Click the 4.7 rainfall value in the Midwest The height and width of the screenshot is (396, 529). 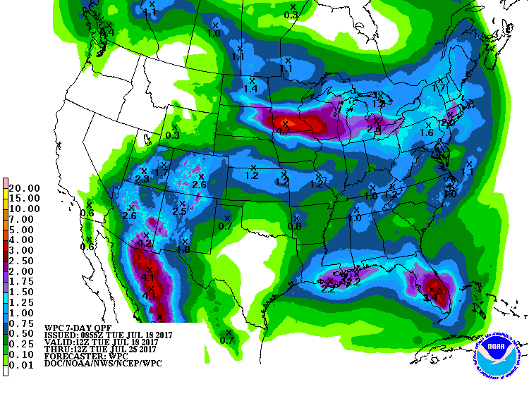[284, 131]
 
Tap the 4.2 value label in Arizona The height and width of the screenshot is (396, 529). [146, 243]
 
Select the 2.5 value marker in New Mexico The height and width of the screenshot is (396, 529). [179, 212]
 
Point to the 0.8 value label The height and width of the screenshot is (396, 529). [294, 226]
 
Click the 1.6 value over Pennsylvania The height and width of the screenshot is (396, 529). [427, 132]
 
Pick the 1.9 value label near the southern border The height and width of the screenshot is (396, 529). [183, 249]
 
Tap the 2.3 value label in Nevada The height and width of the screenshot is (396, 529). [142, 180]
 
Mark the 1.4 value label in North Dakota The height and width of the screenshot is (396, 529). [250, 89]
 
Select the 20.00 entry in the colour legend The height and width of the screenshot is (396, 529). [24, 188]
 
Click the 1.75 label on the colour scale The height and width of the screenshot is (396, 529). [24, 281]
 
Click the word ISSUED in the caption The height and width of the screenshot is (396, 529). [61, 335]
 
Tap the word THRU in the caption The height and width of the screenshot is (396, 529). [56, 349]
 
